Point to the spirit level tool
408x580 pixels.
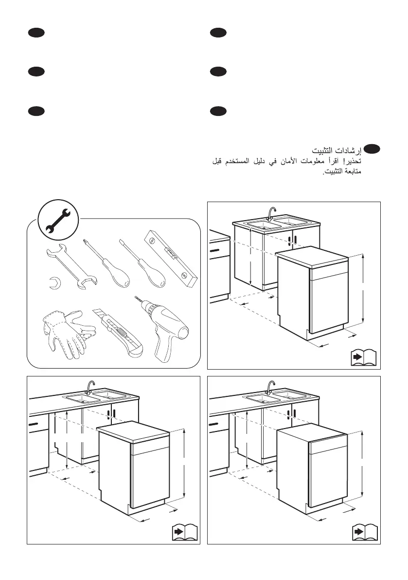coord(171,258)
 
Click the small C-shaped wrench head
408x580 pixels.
coord(54,282)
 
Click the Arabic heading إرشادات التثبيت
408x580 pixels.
coord(337,150)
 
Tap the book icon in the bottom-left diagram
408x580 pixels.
coord(185,532)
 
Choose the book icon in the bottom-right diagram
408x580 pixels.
coord(365,532)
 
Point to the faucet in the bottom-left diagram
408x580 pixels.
coord(90,387)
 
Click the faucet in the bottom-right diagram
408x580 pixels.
coord(271,387)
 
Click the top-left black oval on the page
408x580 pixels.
coord(36,33)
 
